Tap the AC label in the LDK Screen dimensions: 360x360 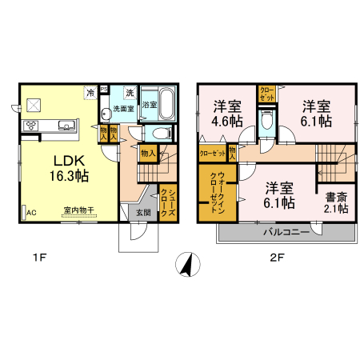point(32,214)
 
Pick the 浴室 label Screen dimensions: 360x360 point(149,104)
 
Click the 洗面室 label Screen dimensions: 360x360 point(122,108)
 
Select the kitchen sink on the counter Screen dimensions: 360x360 point(66,125)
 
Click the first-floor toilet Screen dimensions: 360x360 point(161,134)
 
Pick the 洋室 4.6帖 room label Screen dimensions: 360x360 point(227,114)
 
